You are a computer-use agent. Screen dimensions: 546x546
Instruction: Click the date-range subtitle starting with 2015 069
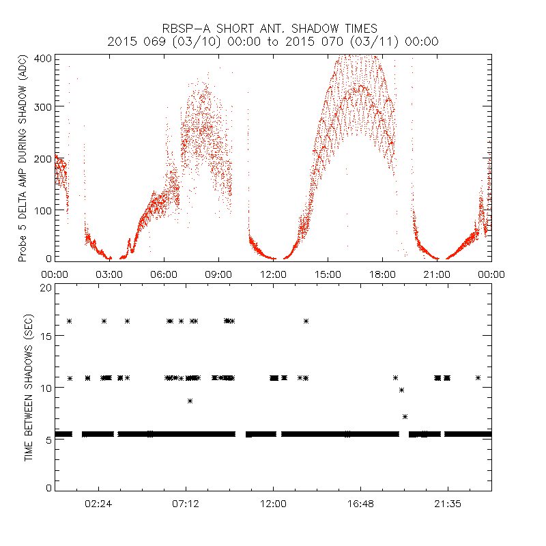(x=273, y=42)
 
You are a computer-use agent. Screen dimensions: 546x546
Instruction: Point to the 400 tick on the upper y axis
(x=42, y=57)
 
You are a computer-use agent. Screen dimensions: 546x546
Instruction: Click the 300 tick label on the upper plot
(x=42, y=107)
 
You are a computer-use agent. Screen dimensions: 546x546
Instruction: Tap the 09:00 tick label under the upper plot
(x=218, y=274)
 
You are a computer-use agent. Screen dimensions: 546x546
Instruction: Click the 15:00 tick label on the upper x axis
(x=328, y=274)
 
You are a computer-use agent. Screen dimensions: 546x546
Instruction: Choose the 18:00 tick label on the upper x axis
(x=382, y=274)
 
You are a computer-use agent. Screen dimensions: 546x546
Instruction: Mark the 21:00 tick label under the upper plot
(x=437, y=274)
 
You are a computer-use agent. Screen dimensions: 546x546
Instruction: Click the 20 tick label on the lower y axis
(x=44, y=287)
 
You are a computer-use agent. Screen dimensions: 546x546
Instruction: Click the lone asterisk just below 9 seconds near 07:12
(x=190, y=401)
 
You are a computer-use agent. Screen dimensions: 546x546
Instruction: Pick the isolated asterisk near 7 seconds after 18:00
(x=405, y=416)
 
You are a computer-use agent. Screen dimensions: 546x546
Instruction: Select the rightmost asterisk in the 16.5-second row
(x=306, y=321)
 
